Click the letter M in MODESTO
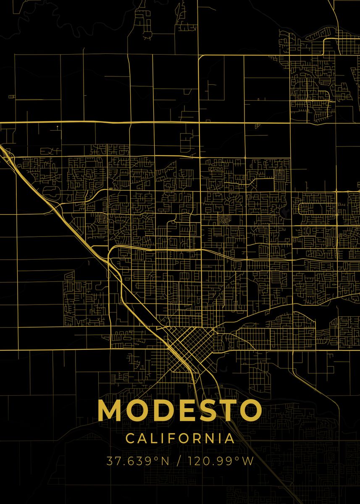(110, 410)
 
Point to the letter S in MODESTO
(209, 410)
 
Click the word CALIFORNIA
(180, 438)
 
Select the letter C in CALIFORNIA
(130, 438)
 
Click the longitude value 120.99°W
(221, 461)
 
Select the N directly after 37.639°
(164, 461)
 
